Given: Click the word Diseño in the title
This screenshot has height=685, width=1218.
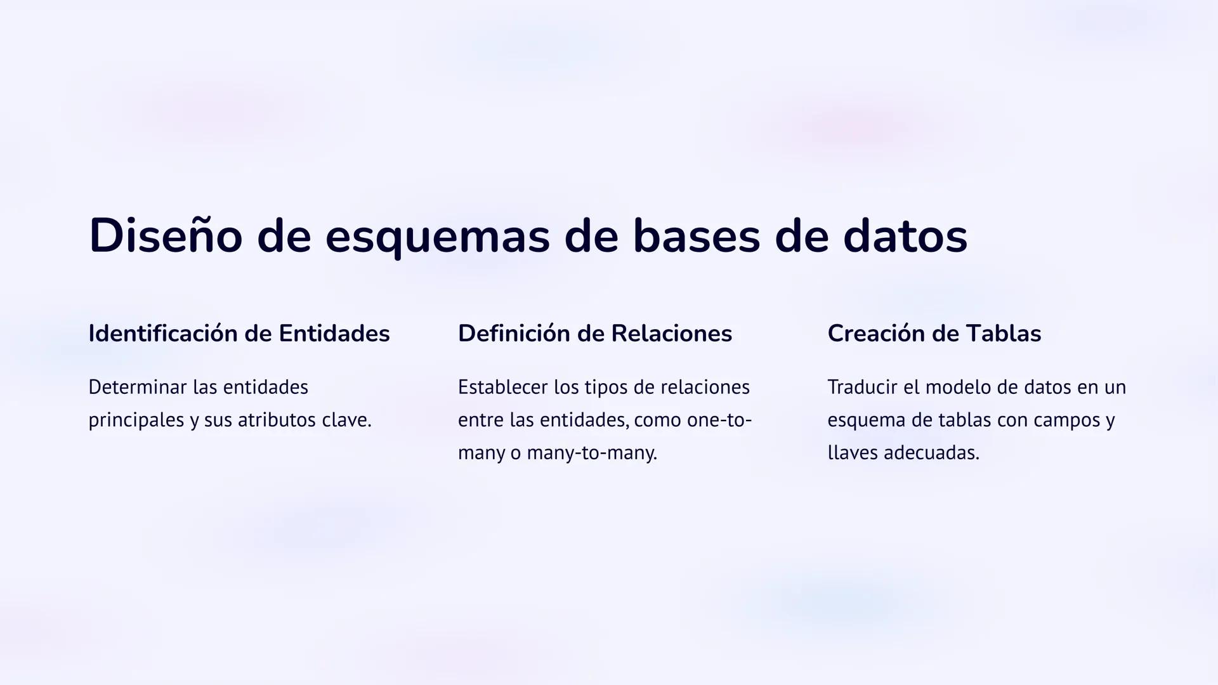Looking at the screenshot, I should pos(166,236).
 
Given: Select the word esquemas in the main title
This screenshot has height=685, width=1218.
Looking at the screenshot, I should pos(437,236).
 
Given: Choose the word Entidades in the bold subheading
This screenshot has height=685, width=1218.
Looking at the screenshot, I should pos(334,334).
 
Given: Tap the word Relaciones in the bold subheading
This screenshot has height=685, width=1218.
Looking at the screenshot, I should pos(671,334).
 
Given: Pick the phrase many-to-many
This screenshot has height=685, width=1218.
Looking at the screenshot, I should pos(591,453).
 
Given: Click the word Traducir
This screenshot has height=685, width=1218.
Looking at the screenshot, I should pos(862,387).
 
